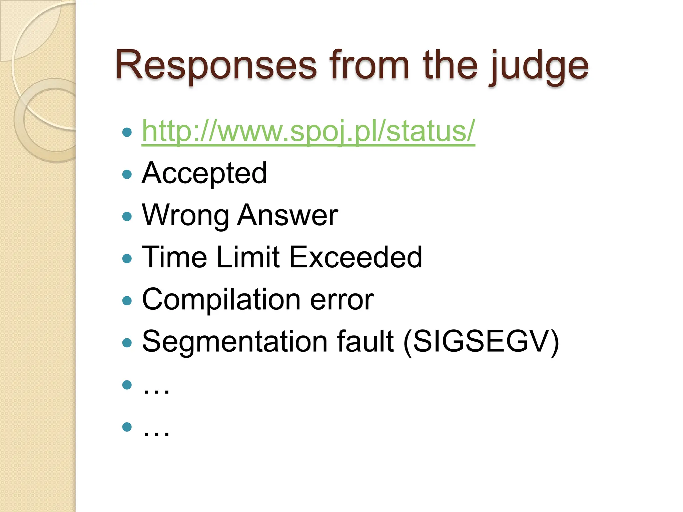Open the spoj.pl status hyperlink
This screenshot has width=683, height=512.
click(308, 131)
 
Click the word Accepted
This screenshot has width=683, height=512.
click(204, 173)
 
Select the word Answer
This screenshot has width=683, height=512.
click(287, 215)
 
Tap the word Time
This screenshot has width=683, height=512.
click(174, 257)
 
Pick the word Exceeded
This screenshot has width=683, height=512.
click(356, 257)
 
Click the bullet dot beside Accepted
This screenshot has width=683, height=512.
click(127, 174)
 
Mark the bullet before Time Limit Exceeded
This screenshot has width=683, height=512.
click(127, 258)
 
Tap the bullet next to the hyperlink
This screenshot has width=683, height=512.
click(127, 132)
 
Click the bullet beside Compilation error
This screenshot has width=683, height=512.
click(127, 301)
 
